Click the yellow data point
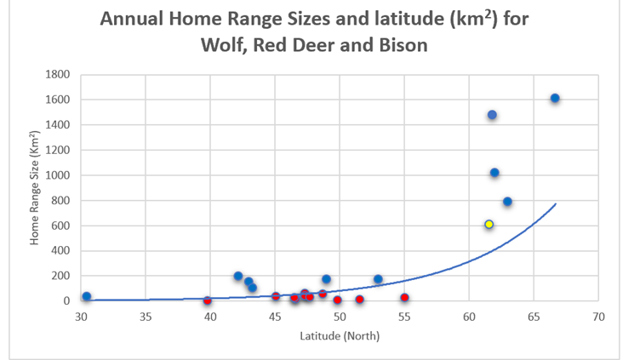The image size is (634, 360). point(489,225)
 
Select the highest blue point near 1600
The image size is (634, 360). point(555,99)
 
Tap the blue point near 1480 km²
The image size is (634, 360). point(492,115)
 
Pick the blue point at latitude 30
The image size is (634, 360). point(86,296)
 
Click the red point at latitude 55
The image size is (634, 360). point(404,298)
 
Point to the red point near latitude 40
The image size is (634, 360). point(208,300)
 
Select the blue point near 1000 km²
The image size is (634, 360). point(494,173)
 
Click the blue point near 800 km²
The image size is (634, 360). point(507,202)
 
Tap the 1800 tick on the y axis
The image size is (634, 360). point(58,75)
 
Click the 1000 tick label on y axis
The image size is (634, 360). point(58,175)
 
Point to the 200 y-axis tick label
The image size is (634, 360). point(60,276)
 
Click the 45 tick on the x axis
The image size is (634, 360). point(274,317)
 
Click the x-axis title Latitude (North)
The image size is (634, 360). point(340,335)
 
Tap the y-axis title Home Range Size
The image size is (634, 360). point(35,188)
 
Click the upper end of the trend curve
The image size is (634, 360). point(555,204)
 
